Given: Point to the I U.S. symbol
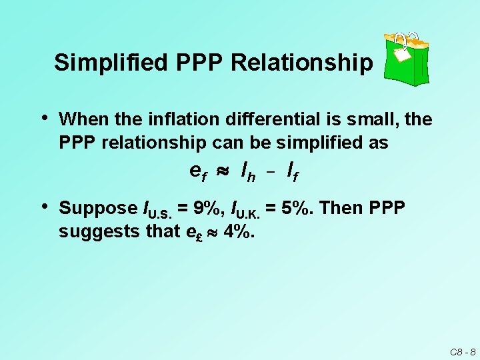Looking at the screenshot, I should click(x=157, y=210).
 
